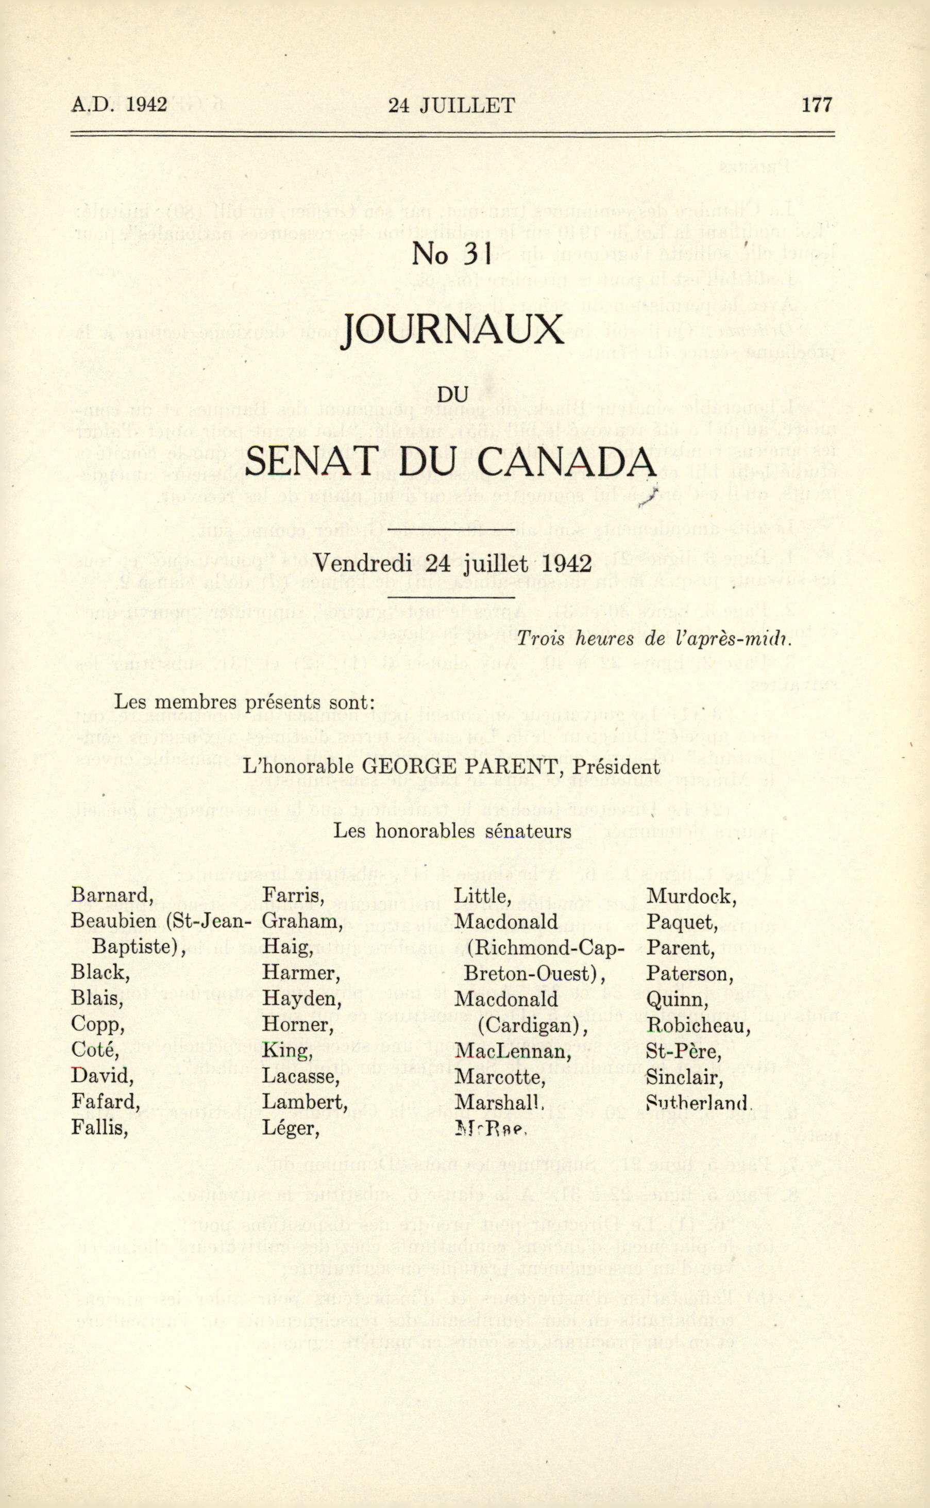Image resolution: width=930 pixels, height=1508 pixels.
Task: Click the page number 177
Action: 817,105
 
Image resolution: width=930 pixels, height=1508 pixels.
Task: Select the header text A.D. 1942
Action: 120,105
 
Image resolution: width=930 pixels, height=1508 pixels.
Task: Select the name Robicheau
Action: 698,1025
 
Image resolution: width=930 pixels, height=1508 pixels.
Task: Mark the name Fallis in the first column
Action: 99,1127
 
